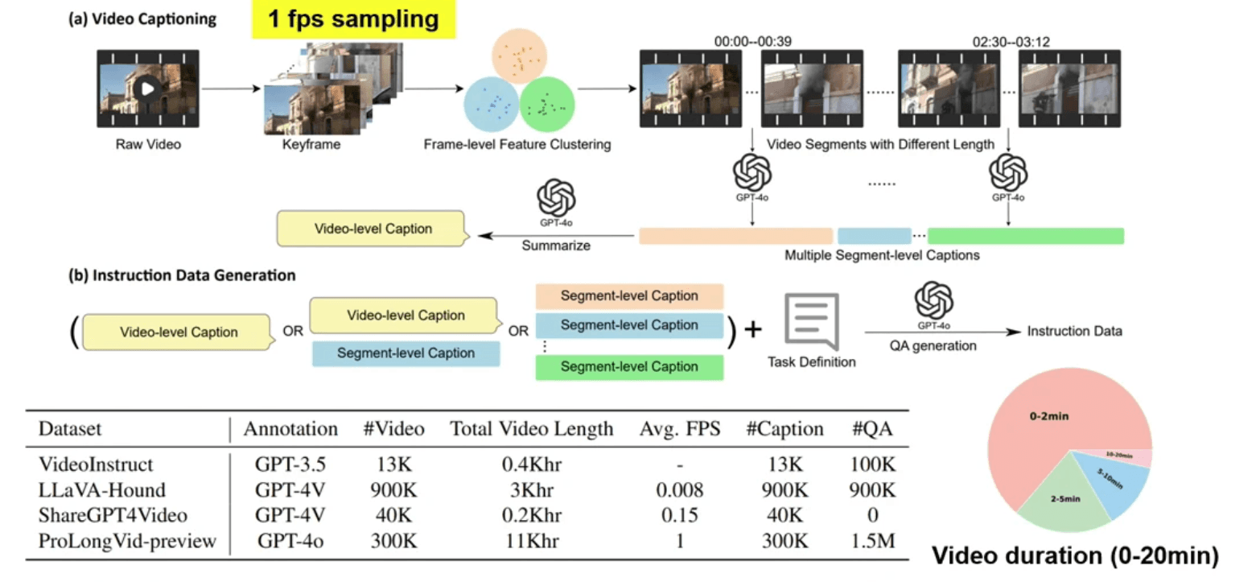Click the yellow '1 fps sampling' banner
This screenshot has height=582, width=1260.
[353, 19]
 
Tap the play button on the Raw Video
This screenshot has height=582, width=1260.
[146, 88]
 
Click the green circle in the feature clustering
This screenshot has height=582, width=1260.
[546, 105]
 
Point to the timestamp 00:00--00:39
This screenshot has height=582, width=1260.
[750, 41]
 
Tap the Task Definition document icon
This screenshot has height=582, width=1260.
[811, 320]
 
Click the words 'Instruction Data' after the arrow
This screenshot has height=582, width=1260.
[1076, 330]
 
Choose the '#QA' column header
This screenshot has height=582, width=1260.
[874, 429]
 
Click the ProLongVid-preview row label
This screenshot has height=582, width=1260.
[127, 541]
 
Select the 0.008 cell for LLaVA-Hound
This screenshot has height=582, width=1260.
[680, 489]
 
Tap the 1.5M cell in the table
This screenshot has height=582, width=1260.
[873, 541]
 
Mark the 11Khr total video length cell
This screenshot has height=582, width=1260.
[531, 541]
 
